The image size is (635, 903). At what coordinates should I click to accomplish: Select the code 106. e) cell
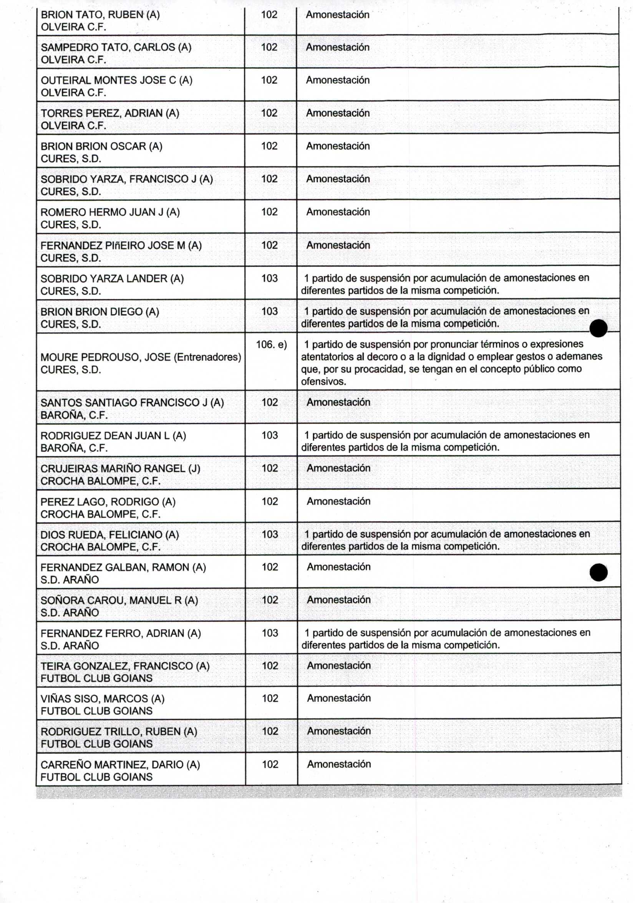tap(271, 345)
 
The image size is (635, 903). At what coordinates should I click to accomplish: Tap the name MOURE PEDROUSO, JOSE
tap(105, 357)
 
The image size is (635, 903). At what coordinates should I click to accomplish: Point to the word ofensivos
tap(323, 382)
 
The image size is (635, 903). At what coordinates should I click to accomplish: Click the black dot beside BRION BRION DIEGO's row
tap(599, 329)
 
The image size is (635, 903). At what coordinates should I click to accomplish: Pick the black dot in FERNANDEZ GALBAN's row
tap(599, 572)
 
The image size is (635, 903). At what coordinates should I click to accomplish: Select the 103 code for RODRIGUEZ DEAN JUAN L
tap(270, 435)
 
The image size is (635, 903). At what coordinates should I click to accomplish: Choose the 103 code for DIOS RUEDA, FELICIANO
tap(270, 534)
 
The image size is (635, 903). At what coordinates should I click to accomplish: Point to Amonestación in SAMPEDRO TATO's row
tap(338, 48)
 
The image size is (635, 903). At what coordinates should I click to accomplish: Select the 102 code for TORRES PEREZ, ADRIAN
tap(269, 113)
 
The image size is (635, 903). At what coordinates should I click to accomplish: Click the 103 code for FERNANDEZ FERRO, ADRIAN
tap(270, 633)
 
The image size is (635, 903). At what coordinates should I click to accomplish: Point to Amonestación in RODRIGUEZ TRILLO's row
tap(339, 731)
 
